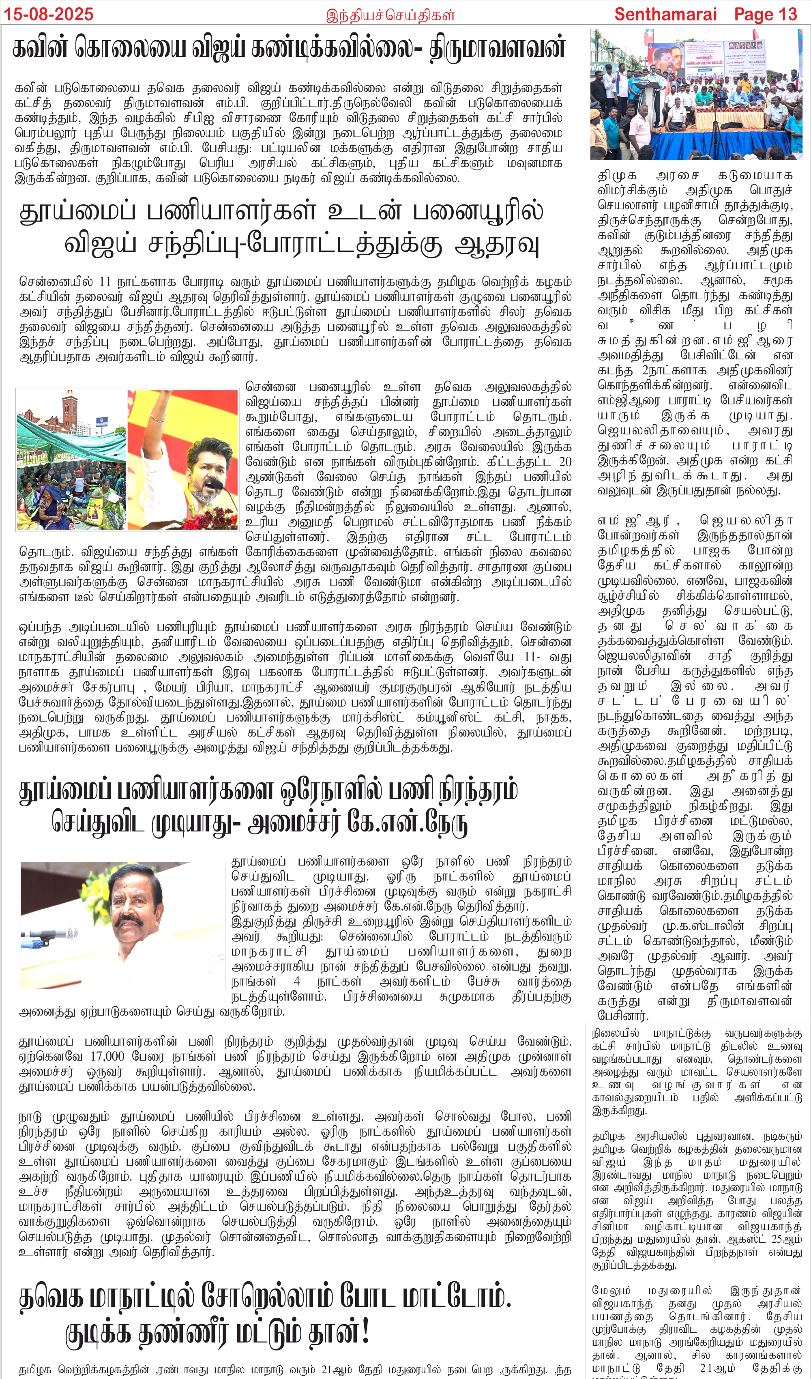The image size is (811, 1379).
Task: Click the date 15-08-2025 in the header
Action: pos(49,14)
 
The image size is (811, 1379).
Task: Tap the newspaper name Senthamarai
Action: pos(665,14)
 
